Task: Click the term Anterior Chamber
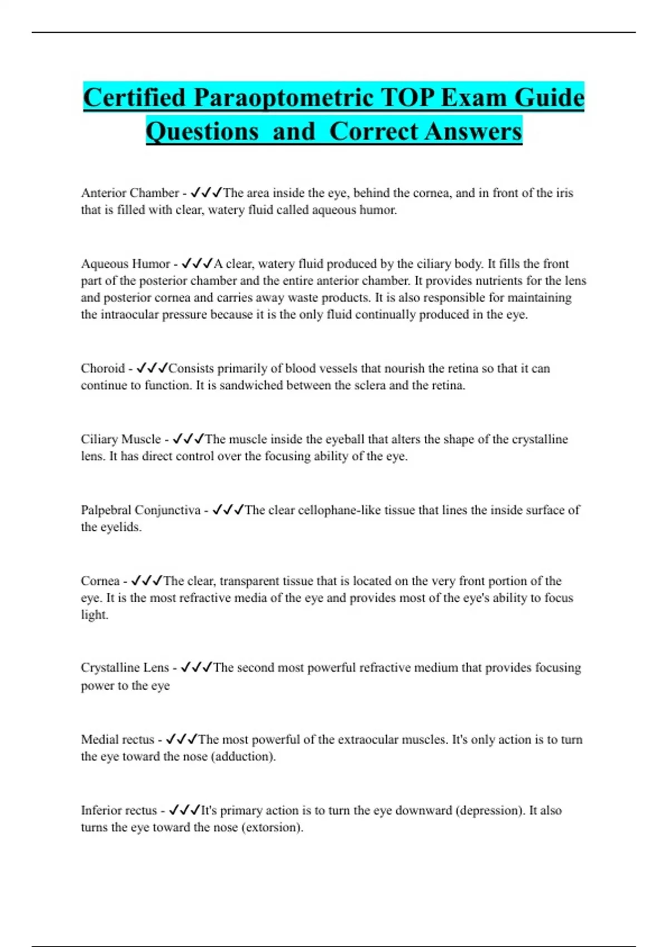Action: point(130,193)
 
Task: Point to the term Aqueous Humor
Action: point(125,263)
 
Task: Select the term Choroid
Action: point(103,368)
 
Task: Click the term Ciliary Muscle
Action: point(121,439)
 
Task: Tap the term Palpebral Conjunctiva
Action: point(140,510)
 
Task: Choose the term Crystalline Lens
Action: point(125,667)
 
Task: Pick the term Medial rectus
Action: point(117,739)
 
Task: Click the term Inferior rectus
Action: point(119,810)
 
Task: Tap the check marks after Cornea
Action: point(146,581)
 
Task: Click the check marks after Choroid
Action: point(152,368)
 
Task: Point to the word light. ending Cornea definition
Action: point(95,615)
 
